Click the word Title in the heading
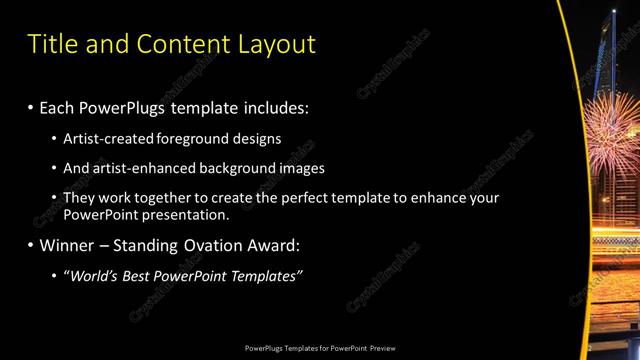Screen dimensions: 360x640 click(52, 44)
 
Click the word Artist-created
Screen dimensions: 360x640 click(108, 138)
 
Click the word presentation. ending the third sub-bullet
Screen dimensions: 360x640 click(186, 214)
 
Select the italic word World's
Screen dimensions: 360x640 click(94, 276)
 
